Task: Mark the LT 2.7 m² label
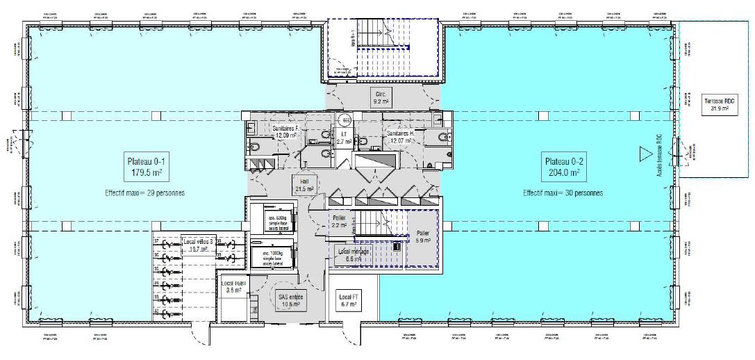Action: click(343, 136)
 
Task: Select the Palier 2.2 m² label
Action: click(340, 222)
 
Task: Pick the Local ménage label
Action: click(353, 254)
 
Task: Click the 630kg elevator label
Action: click(273, 220)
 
